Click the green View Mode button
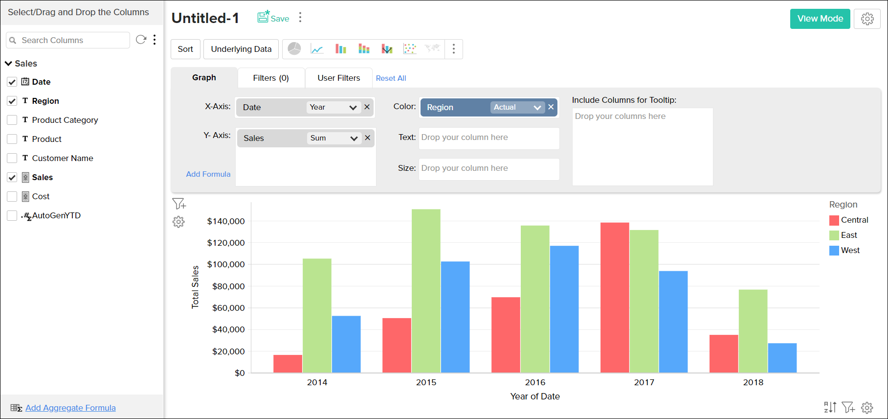(x=820, y=19)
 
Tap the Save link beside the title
(x=274, y=18)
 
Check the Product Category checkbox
(x=12, y=120)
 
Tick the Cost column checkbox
(x=12, y=196)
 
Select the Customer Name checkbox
(x=12, y=158)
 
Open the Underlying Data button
(x=241, y=49)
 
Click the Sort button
(x=185, y=49)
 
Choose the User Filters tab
(x=338, y=78)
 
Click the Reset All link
(x=391, y=78)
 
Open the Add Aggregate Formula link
(x=70, y=408)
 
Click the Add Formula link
(x=208, y=174)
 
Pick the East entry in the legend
(x=848, y=235)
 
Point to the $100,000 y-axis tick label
(x=226, y=264)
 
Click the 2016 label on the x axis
(x=535, y=382)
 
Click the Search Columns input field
(x=73, y=40)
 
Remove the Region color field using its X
(x=551, y=107)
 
